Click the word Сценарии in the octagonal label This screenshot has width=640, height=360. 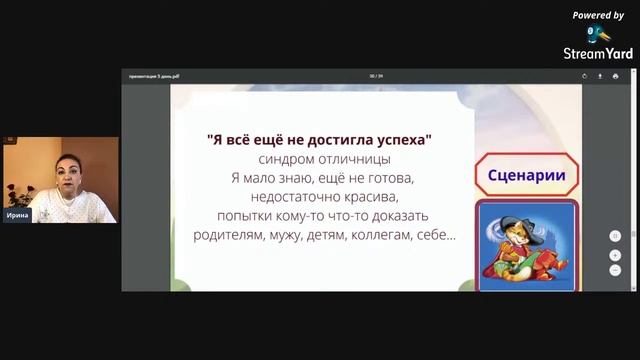pos(526,177)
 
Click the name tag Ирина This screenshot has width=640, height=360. pos(16,215)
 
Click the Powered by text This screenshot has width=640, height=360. pos(598,15)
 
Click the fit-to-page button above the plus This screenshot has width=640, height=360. pos(615,237)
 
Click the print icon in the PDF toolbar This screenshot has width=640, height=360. pos(615,76)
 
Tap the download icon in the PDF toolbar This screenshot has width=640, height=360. pos(600,76)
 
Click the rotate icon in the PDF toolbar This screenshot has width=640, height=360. pos(585,76)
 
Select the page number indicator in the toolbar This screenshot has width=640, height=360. pos(377,76)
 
